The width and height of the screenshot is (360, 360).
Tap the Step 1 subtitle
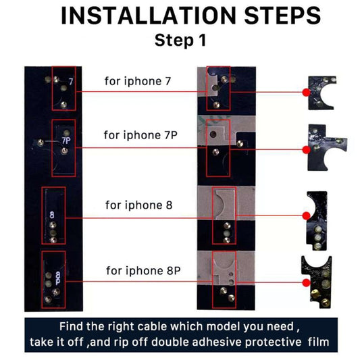180,40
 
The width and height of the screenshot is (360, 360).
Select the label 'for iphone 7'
138,82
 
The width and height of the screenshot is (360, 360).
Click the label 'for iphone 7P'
140,134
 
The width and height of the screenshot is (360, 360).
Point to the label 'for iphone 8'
138,205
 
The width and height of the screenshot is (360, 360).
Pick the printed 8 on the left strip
51,215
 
